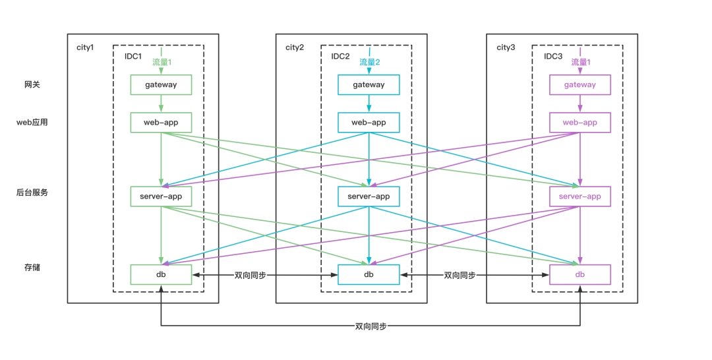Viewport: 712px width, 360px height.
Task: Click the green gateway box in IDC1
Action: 161,84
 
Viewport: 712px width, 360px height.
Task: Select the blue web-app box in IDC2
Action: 369,123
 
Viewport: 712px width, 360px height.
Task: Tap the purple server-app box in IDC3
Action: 580,196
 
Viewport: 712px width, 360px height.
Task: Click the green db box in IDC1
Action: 161,274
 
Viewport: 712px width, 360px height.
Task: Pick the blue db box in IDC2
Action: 369,274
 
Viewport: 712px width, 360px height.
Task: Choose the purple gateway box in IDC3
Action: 580,84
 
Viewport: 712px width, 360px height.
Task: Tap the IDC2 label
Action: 340,57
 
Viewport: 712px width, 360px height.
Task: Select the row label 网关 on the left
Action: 32,85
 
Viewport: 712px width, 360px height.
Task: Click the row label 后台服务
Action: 32,193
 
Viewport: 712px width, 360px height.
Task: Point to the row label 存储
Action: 32,268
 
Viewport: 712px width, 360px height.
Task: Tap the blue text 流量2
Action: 370,63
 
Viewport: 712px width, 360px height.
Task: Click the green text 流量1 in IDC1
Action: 162,63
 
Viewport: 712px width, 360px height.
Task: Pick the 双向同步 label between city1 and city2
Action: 251,275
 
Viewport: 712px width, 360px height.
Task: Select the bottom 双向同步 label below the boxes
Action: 371,326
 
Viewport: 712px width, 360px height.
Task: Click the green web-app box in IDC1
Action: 161,123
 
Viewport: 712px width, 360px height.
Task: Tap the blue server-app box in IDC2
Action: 369,196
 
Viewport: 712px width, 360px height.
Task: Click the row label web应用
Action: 32,123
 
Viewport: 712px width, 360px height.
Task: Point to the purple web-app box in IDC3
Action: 580,123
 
